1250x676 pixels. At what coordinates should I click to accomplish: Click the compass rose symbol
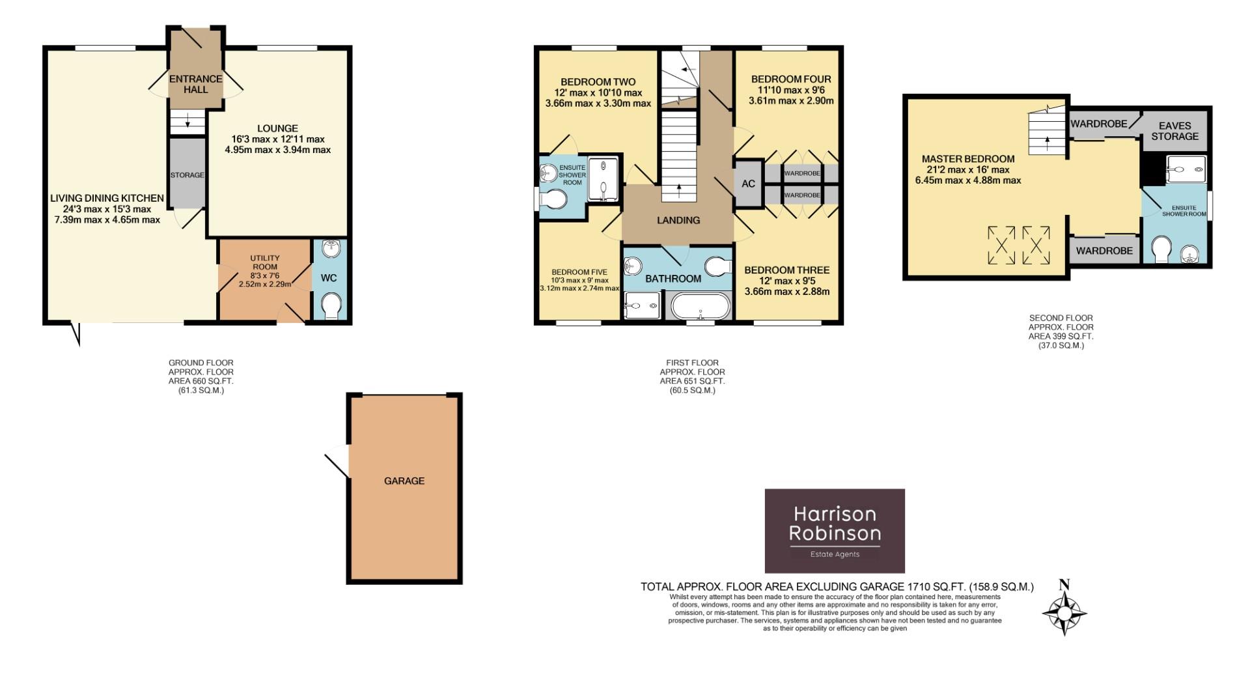1064,613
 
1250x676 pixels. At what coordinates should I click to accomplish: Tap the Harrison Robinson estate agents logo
835,531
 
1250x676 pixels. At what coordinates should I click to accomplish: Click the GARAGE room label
404,481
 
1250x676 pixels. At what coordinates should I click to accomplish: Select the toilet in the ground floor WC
331,305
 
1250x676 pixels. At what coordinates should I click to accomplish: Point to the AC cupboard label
748,184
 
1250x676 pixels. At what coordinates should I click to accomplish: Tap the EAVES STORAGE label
1174,131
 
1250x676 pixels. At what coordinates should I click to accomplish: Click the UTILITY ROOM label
264,262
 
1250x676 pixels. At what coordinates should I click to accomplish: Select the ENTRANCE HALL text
195,83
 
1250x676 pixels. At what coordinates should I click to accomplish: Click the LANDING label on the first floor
678,220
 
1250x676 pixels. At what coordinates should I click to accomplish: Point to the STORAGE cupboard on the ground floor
187,174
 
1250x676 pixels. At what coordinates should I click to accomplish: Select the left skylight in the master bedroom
1001,245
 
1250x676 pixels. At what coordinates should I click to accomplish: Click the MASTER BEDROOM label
967,159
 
